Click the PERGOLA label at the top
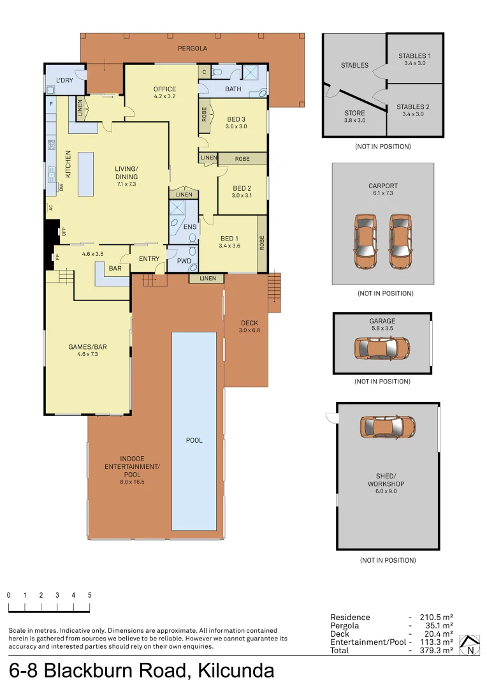point(193,48)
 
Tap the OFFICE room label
point(164,89)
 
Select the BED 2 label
point(242,188)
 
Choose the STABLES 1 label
point(414,56)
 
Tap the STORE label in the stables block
point(354,113)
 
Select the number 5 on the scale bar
point(89,595)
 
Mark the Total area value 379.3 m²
point(437,651)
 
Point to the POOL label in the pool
point(194,440)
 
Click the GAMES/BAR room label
point(87,347)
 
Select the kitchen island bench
point(85,174)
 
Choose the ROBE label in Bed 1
point(262,243)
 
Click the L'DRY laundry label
point(64,80)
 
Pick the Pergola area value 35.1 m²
point(437,626)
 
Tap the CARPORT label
point(382,186)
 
